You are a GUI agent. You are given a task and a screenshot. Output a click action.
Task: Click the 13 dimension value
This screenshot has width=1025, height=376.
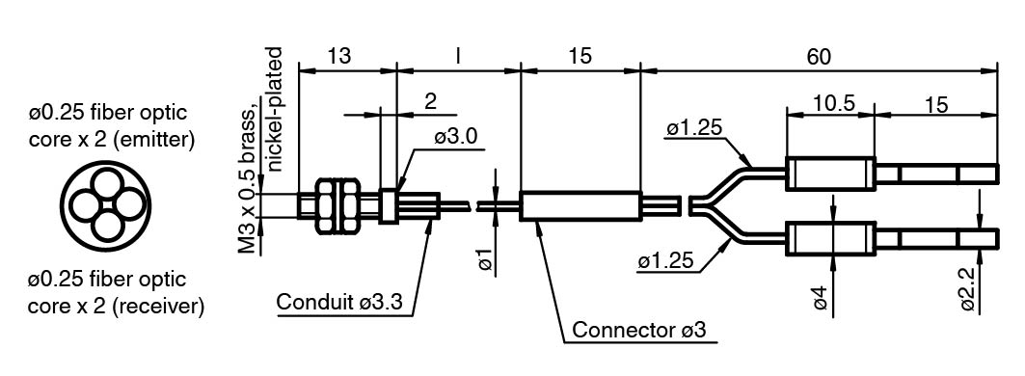[x=339, y=56]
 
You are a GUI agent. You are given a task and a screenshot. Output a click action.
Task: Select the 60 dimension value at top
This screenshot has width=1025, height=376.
[x=818, y=56]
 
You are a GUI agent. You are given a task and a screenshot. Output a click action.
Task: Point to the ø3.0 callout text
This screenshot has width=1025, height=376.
[x=456, y=137]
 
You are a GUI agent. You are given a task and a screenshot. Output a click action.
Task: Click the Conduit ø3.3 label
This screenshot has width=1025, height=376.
[x=339, y=302]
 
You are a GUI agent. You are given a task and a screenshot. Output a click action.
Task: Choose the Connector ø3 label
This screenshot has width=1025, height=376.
[x=639, y=330]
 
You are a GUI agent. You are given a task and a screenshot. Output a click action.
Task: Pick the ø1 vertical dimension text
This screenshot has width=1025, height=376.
[x=486, y=259]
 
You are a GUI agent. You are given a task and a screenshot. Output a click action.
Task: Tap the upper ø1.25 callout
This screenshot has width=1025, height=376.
[x=694, y=128]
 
